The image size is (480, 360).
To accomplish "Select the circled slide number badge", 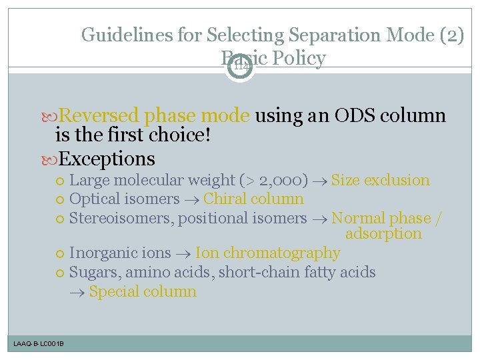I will [239, 65].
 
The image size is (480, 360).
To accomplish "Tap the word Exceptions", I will [107, 159].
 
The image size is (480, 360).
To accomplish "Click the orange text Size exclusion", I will [380, 180].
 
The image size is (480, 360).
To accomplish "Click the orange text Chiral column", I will [253, 199].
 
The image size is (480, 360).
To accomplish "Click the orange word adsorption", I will [383, 234].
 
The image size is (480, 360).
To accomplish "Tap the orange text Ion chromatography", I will [267, 253].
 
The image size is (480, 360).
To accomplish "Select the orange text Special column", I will [143, 291].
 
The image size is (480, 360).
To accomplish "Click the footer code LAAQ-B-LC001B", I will [39, 343].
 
